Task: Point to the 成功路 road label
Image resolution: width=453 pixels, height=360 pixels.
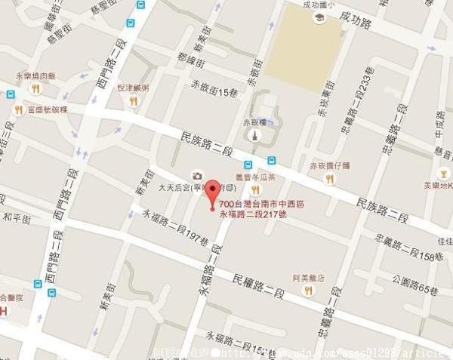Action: (356, 17)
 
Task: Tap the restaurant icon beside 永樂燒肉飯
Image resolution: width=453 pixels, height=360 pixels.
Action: (35, 89)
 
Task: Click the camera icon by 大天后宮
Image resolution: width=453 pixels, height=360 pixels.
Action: (198, 175)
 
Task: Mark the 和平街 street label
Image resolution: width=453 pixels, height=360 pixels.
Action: (16, 217)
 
